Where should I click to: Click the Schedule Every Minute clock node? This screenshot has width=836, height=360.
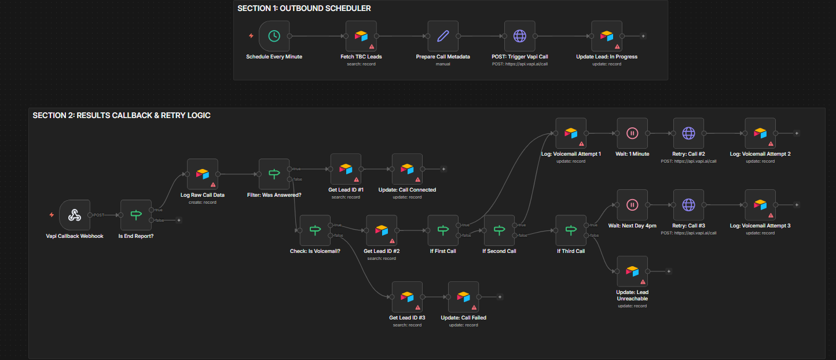274,36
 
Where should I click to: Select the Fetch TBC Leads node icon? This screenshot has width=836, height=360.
361,36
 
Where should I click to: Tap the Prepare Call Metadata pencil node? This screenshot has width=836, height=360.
443,36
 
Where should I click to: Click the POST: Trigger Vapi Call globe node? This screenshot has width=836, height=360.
519,36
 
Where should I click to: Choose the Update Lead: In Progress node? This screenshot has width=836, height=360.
607,36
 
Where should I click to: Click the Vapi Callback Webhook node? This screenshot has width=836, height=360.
75,215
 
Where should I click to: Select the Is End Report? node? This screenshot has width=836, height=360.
135,215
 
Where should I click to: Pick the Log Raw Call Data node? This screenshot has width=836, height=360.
202,174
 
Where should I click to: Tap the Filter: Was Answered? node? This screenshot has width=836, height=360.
274,174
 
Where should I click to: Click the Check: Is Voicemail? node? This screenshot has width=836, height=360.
314,230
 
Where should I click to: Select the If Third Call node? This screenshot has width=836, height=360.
571,230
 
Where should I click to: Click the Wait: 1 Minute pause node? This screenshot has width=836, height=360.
632,133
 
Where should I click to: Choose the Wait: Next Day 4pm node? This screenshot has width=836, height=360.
632,204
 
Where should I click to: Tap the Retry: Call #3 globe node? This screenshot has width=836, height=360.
688,204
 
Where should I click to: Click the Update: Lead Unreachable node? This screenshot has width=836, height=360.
632,271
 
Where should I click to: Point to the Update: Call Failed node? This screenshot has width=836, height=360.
463,296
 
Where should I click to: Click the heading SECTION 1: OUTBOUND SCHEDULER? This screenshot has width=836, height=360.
304,9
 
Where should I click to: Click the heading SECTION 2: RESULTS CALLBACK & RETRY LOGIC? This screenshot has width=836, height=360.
122,116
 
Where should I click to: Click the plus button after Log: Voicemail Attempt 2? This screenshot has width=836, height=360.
797,133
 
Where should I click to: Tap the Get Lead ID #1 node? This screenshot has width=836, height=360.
346,168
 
